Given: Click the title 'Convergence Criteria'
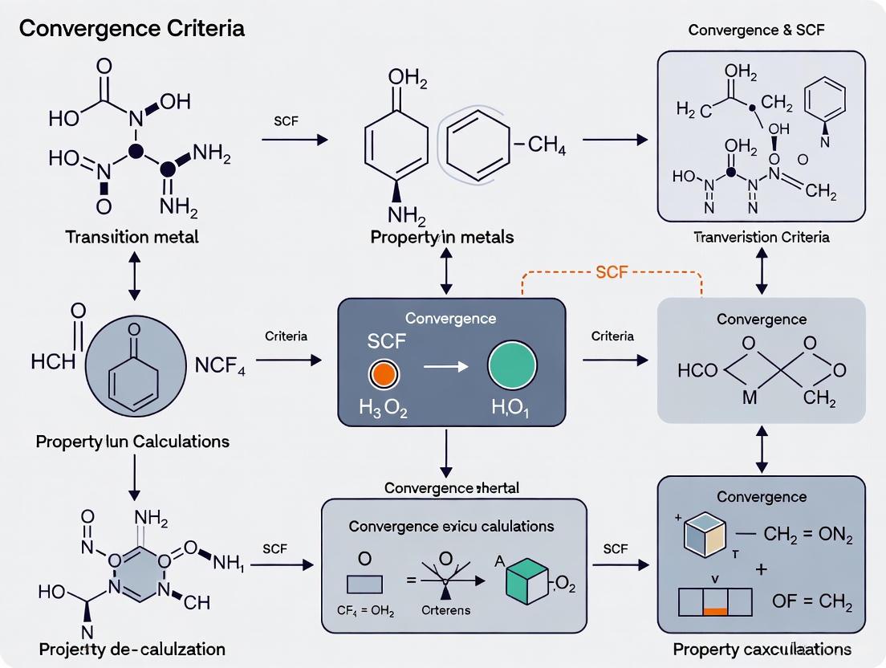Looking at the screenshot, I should [x=132, y=29].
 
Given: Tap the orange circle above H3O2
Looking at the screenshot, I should [x=384, y=373].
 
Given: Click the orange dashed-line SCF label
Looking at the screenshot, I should [x=612, y=273].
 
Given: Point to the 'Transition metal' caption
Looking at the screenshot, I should [x=132, y=237].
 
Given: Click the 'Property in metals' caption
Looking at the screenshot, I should [x=442, y=237].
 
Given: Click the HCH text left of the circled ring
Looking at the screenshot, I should [x=53, y=361].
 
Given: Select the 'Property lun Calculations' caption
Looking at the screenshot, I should [x=132, y=442].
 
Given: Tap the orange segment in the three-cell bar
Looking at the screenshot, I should [x=714, y=611].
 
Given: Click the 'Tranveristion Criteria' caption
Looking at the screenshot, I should [x=761, y=237].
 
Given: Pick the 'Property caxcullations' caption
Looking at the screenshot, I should [x=762, y=649].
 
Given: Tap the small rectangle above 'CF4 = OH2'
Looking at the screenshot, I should [x=365, y=584].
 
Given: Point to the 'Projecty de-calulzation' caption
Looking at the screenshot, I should [x=131, y=649].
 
